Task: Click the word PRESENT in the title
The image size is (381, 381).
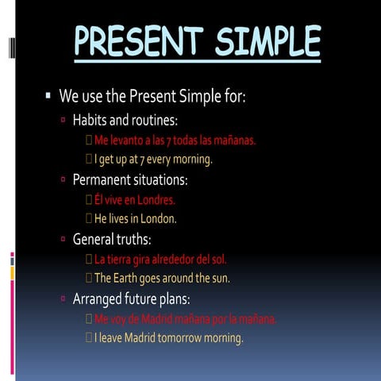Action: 136,40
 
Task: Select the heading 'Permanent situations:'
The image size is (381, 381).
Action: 130,180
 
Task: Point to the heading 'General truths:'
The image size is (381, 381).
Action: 112,239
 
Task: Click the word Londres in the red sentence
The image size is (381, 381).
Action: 156,200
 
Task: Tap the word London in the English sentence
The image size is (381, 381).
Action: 157,218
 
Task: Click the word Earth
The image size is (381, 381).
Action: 129,279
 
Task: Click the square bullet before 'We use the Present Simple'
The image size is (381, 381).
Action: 48,96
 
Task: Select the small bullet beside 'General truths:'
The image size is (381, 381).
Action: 64,239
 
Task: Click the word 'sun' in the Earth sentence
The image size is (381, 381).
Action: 219,279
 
